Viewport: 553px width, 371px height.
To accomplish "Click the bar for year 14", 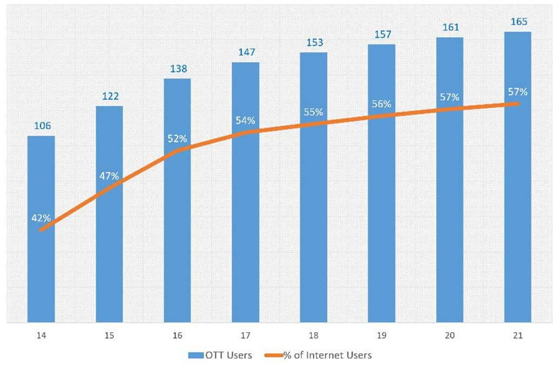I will click(x=41, y=270).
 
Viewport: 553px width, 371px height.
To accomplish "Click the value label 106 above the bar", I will click(x=42, y=126).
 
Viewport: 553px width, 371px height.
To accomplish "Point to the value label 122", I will click(x=110, y=96).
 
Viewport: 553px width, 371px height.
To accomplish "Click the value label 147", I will click(x=246, y=52).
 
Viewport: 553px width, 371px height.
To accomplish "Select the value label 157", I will click(x=382, y=35).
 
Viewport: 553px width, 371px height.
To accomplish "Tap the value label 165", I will click(x=518, y=22).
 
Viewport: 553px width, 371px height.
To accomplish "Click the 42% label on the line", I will click(x=41, y=218).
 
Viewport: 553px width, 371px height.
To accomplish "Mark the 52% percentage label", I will click(x=177, y=139).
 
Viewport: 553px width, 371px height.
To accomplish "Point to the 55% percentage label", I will click(x=313, y=112).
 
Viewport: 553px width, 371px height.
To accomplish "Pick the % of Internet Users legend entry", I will click(x=319, y=355).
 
